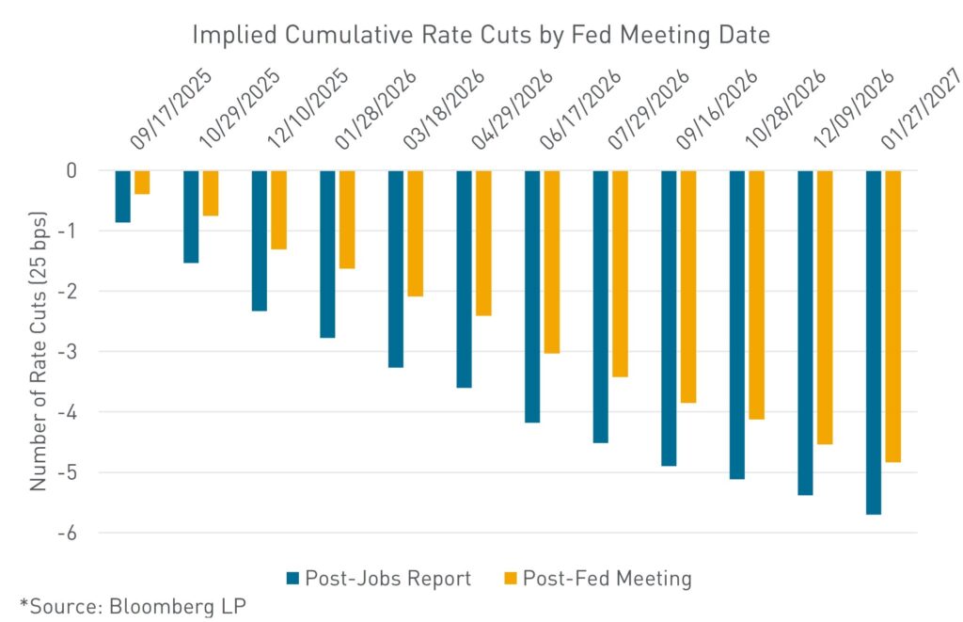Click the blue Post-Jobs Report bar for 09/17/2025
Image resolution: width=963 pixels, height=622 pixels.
point(123,197)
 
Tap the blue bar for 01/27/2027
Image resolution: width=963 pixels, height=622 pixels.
point(874,343)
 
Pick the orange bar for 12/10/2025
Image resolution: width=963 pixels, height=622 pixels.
point(278,210)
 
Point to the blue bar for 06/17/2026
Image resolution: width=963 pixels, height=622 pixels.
point(532,296)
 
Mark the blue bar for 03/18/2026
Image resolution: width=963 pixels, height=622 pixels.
point(396,269)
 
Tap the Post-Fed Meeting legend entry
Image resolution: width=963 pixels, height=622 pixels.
point(597,578)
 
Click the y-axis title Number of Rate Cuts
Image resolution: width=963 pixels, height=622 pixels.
point(39,352)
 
